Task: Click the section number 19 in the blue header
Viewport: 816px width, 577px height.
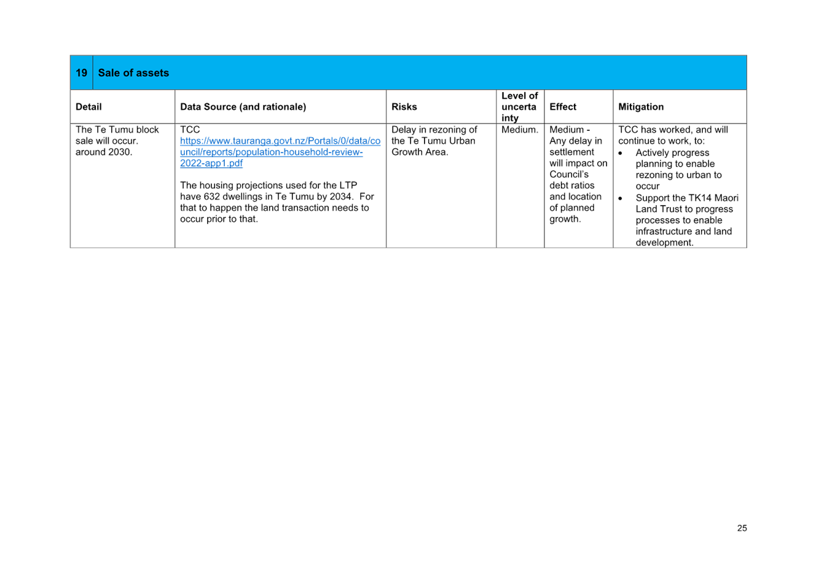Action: [x=81, y=73]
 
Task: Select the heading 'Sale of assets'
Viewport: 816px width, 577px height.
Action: [x=133, y=73]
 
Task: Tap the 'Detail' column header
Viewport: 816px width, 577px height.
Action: [x=88, y=107]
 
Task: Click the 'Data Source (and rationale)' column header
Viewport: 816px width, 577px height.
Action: [x=243, y=107]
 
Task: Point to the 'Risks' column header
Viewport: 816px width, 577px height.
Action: [x=404, y=107]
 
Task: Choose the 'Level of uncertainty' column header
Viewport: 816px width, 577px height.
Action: [x=519, y=107]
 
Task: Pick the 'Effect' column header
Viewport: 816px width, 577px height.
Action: [x=563, y=107]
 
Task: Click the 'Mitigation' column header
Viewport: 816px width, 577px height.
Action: [x=641, y=107]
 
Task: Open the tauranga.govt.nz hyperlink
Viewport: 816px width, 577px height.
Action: [x=280, y=152]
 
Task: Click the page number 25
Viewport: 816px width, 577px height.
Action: [x=742, y=528]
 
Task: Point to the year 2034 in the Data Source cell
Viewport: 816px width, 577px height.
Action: [x=340, y=197]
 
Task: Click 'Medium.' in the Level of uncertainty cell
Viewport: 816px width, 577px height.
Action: [x=520, y=130]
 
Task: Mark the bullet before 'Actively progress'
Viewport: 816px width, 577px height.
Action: [x=620, y=153]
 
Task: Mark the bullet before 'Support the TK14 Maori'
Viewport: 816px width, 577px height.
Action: [x=620, y=198]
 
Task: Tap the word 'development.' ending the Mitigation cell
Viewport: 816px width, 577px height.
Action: [x=664, y=243]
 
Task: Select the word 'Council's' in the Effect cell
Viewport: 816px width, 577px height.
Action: [x=569, y=175]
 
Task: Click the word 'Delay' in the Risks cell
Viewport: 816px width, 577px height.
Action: [x=402, y=130]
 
